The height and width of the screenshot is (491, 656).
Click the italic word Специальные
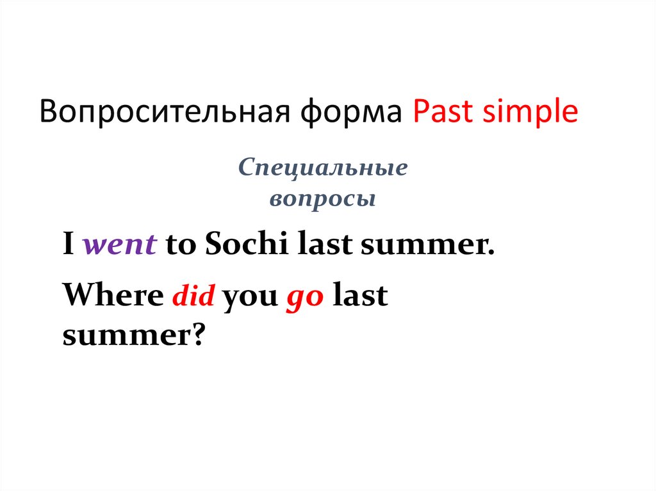point(323,169)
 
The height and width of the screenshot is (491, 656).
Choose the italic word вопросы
point(322,199)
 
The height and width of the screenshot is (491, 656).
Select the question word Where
point(113,297)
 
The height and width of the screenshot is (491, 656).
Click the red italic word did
point(193,298)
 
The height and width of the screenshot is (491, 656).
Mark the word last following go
point(361,297)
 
